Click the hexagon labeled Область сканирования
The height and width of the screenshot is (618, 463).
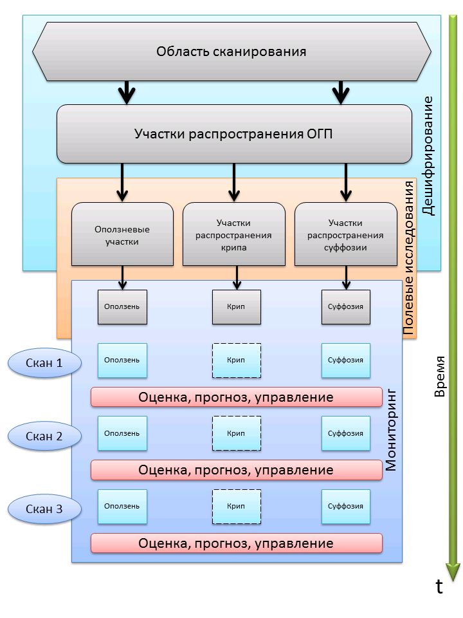pyautogui.click(x=231, y=51)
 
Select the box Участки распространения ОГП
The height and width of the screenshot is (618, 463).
pyautogui.click(x=234, y=134)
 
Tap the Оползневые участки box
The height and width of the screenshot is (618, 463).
pyautogui.click(x=122, y=235)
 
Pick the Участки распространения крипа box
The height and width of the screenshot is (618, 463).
pyautogui.click(x=234, y=235)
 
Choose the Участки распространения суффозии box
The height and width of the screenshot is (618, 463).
pyautogui.click(x=345, y=235)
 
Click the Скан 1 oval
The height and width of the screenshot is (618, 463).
pyautogui.click(x=44, y=363)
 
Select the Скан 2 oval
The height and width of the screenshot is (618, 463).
pyautogui.click(x=44, y=436)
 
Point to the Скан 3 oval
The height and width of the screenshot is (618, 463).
pyautogui.click(x=44, y=509)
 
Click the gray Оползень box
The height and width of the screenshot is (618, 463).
pyautogui.click(x=122, y=306)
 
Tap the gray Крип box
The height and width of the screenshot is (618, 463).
pyautogui.click(x=236, y=306)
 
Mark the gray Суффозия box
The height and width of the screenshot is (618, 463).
pyautogui.click(x=346, y=306)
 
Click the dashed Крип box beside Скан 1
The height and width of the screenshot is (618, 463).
pyautogui.click(x=236, y=360)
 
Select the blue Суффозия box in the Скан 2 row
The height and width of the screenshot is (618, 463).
pyautogui.click(x=346, y=433)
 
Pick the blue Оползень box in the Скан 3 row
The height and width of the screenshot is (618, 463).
pyautogui.click(x=122, y=506)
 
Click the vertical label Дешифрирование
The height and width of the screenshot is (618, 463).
pyautogui.click(x=429, y=155)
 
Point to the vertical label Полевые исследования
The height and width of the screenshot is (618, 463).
pyautogui.click(x=408, y=257)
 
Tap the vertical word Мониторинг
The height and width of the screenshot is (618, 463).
pyautogui.click(x=392, y=429)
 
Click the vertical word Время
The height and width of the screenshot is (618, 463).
pyautogui.click(x=440, y=376)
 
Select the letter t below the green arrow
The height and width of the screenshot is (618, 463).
pyautogui.click(x=439, y=586)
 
